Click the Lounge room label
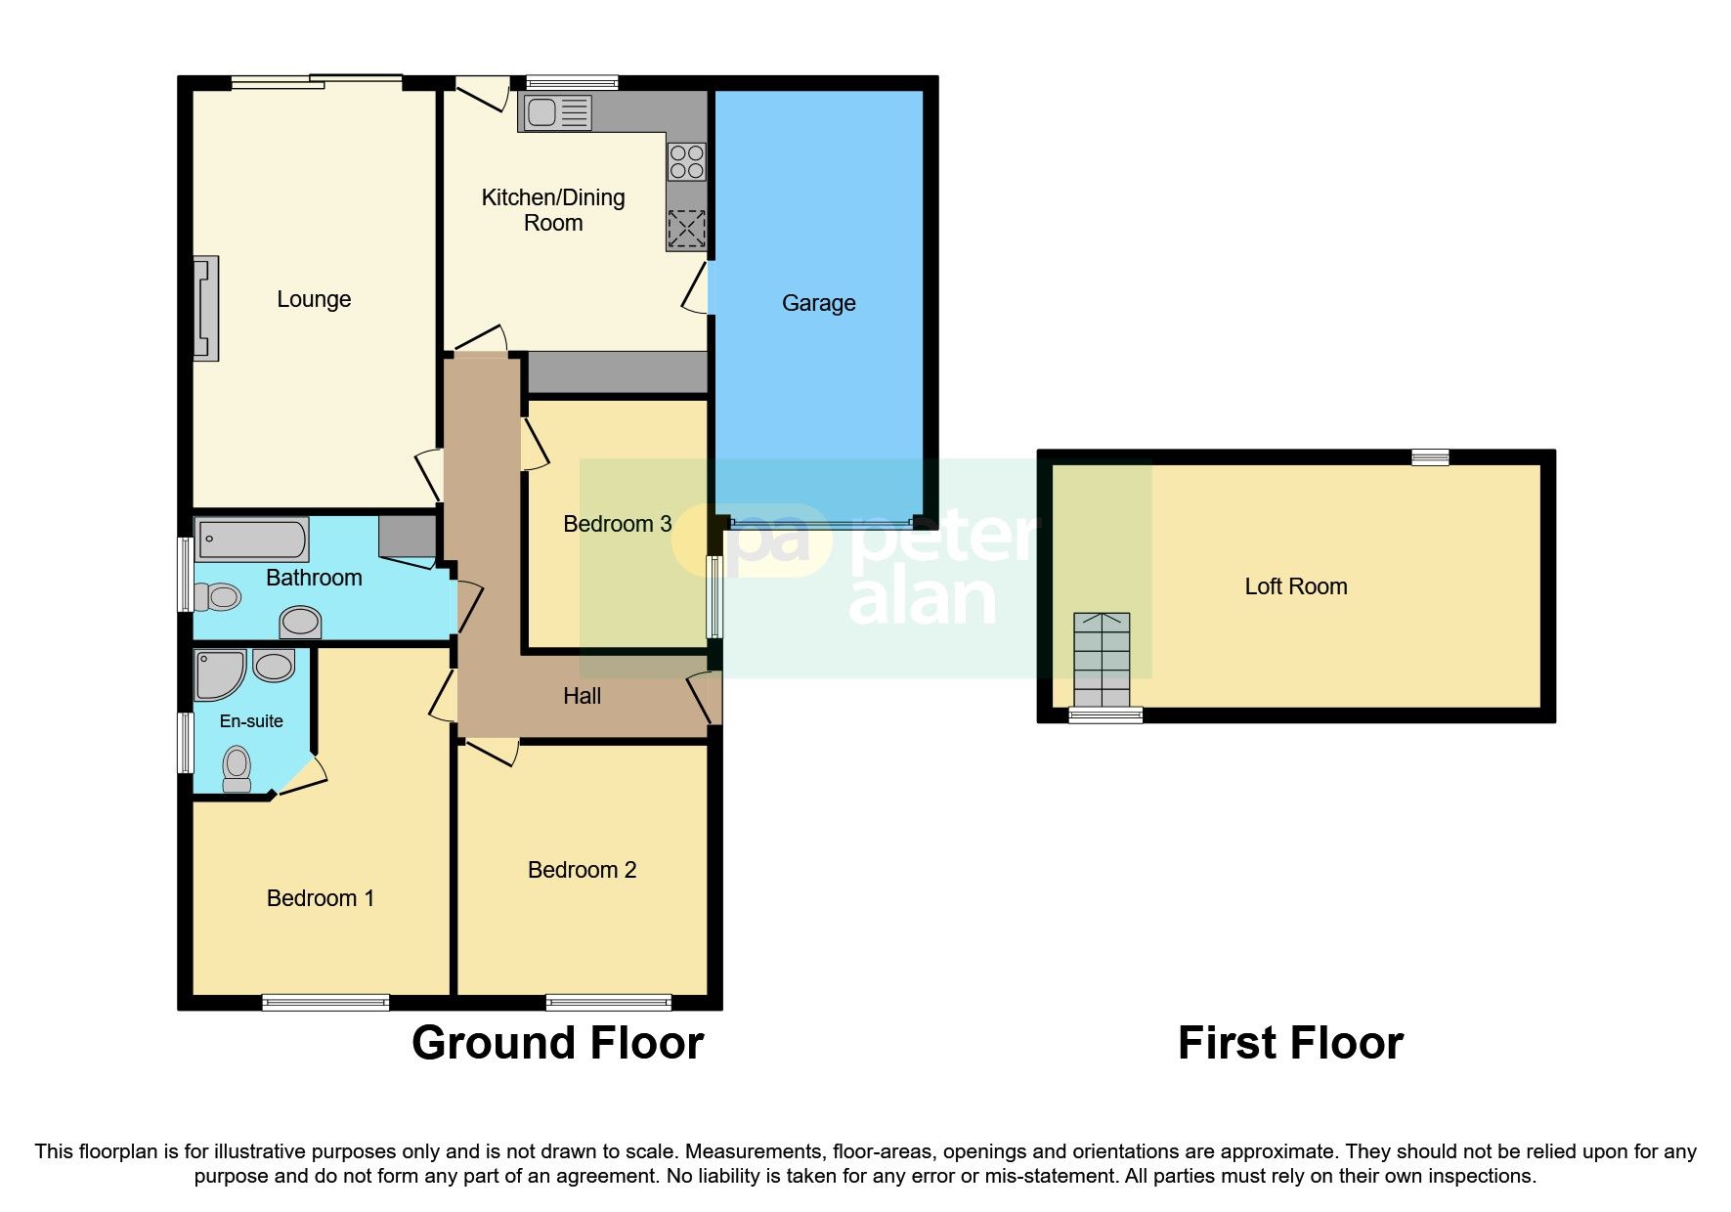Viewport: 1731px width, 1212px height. click(x=313, y=299)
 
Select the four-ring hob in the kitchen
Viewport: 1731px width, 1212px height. click(x=687, y=162)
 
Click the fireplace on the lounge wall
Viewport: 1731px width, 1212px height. click(x=205, y=309)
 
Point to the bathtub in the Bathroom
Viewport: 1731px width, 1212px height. click(x=252, y=540)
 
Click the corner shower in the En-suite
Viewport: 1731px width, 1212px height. click(x=217, y=674)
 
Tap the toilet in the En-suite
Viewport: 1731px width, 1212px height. click(x=237, y=768)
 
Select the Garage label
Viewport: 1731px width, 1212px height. click(x=818, y=303)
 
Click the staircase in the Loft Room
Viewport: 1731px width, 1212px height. click(x=1102, y=660)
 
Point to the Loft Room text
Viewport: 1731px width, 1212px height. click(x=1295, y=586)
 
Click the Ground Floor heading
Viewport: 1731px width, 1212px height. click(x=557, y=1043)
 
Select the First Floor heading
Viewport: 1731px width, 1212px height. click(x=1290, y=1043)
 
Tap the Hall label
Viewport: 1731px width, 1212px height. click(x=582, y=696)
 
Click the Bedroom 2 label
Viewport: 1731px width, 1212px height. click(x=582, y=870)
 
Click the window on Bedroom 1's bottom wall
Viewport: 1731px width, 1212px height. click(x=325, y=1002)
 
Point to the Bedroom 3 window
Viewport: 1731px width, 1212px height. click(x=714, y=596)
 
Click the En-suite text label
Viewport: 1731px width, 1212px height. click(x=251, y=721)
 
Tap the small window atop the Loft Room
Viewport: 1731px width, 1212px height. click(x=1430, y=456)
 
